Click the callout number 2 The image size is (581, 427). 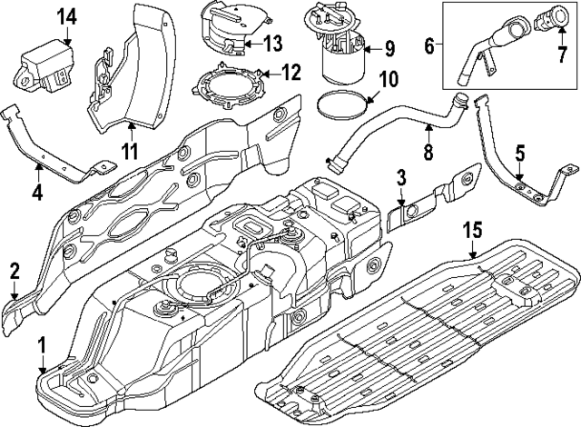(x=15, y=269)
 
